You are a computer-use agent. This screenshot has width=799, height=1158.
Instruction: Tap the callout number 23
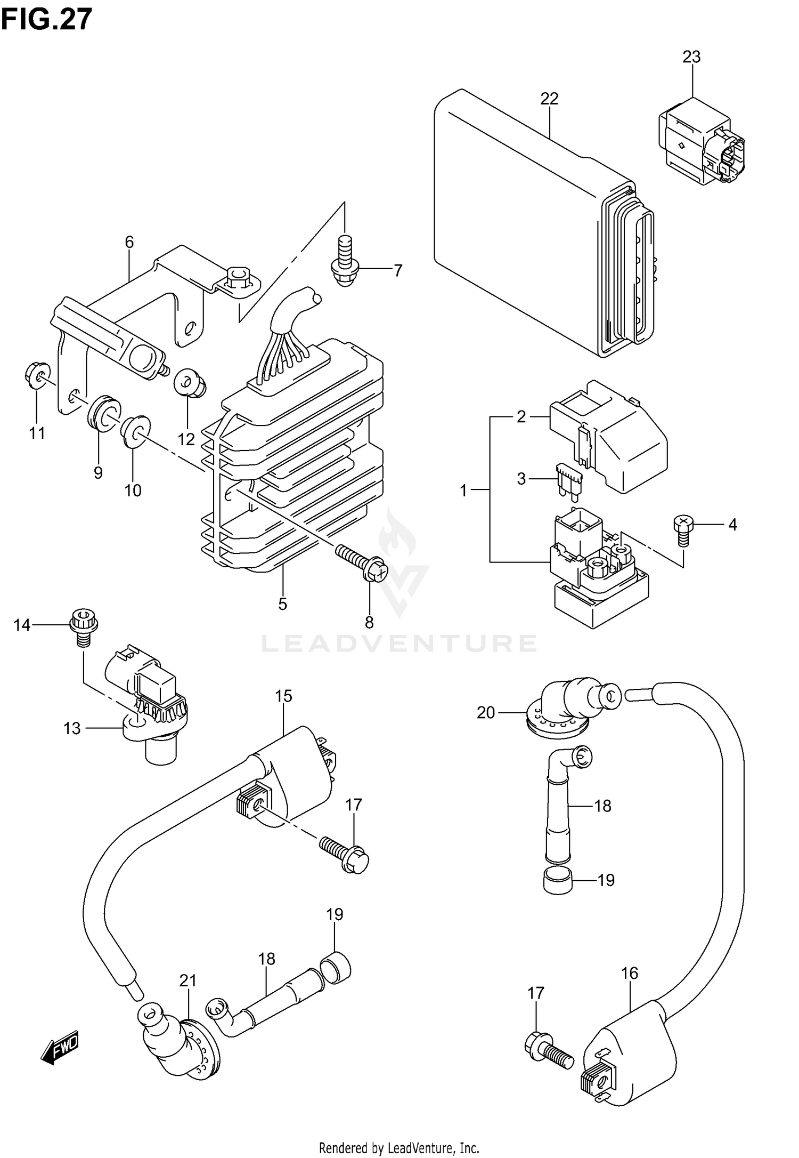pos(691,57)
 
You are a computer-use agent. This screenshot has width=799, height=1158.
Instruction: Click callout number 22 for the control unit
pos(549,99)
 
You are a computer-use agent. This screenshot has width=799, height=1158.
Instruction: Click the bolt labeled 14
pos(83,626)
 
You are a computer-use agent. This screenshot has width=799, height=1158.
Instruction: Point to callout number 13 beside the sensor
pos(72,728)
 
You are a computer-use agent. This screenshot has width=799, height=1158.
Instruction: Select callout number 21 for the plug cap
pos(188,980)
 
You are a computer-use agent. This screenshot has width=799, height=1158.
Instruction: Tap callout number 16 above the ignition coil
pos(629,973)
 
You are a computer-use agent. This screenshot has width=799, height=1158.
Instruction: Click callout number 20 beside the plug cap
pos(486,712)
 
